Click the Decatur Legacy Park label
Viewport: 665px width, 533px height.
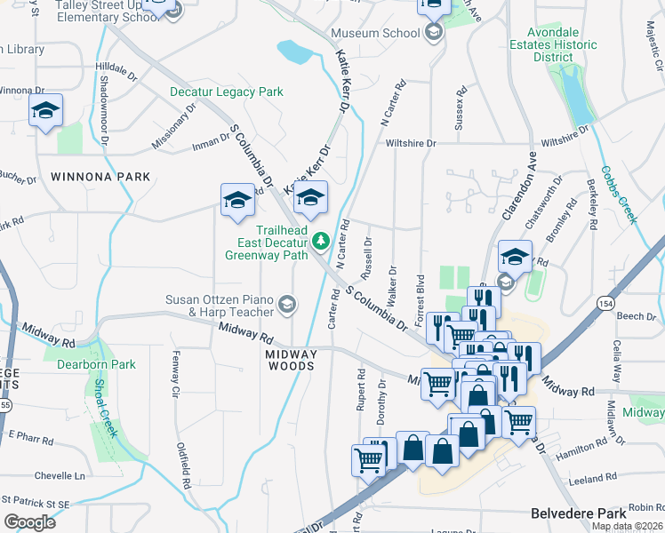point(227,91)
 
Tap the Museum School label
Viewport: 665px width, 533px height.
point(375,34)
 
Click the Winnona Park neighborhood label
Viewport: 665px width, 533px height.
point(100,177)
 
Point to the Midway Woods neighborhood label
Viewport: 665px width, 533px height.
point(291,360)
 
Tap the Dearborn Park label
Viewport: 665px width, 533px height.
point(96,364)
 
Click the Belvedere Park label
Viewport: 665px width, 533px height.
point(579,513)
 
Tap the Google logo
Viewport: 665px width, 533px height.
point(29,522)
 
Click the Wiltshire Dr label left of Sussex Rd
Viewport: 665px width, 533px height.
point(411,143)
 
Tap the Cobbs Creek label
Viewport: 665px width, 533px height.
point(619,195)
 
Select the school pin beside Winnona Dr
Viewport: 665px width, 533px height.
point(44,113)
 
